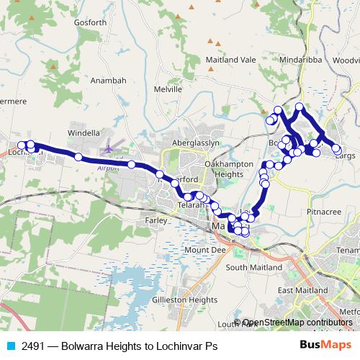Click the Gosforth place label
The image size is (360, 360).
point(90,22)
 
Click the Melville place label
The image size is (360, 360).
point(168,89)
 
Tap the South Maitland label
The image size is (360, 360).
point(247,266)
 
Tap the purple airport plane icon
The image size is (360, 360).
point(109,149)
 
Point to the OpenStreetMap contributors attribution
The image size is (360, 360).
point(297,323)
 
